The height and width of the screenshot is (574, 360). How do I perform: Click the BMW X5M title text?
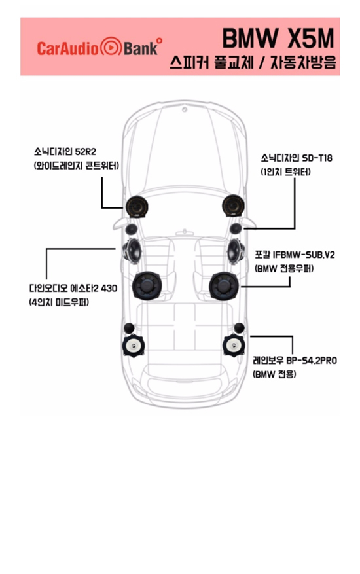click(x=278, y=38)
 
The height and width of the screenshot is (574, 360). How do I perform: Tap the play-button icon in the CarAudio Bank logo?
click(x=111, y=47)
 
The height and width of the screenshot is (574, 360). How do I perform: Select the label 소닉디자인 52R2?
click(x=65, y=151)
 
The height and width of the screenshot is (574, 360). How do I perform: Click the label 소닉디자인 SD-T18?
click(x=297, y=158)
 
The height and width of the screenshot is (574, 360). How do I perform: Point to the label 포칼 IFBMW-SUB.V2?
click(x=295, y=255)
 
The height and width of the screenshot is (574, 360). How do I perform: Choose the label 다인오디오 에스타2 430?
click(x=73, y=288)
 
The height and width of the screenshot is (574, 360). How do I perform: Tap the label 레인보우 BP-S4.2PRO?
click(x=295, y=361)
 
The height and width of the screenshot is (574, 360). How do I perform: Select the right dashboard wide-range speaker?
click(x=233, y=206)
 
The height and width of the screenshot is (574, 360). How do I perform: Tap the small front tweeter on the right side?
click(x=236, y=228)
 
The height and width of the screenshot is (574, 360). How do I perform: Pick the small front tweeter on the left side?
click(x=131, y=230)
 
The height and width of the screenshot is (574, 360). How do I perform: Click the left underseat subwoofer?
click(x=147, y=285)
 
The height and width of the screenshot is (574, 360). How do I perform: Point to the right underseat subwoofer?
click(x=224, y=286)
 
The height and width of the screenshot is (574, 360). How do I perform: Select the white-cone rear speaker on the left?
click(x=134, y=345)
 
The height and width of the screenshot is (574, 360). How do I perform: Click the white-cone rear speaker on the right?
click(x=234, y=345)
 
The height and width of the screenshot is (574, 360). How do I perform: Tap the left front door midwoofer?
click(x=132, y=251)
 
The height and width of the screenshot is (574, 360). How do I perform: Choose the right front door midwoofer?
click(x=236, y=251)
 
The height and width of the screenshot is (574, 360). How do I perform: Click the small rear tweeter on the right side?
click(x=239, y=328)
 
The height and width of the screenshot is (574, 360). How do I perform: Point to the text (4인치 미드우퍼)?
click(x=59, y=303)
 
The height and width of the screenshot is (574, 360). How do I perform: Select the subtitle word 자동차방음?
click(x=303, y=63)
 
